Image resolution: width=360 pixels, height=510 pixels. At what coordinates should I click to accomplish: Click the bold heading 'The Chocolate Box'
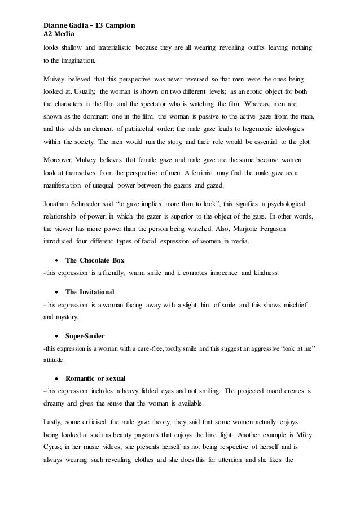[x=95, y=260]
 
